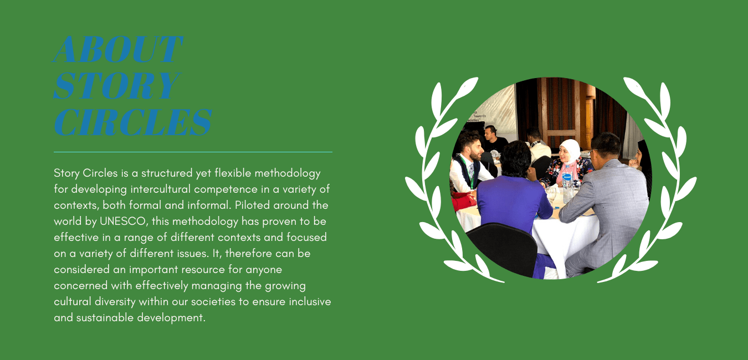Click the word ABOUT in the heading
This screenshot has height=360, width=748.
117,49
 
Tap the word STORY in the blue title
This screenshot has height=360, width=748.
117,86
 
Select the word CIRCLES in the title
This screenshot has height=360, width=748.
133,122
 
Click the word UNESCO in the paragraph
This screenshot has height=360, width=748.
123,221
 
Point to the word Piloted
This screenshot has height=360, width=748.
253,205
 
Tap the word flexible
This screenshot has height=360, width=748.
233,173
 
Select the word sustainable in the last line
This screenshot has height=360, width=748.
105,317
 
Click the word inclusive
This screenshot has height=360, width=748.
310,301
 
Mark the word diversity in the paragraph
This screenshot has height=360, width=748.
115,302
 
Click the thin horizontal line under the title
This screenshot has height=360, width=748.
193,152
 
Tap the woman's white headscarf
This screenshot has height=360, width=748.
570,150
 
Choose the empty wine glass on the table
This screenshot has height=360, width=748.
551,196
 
